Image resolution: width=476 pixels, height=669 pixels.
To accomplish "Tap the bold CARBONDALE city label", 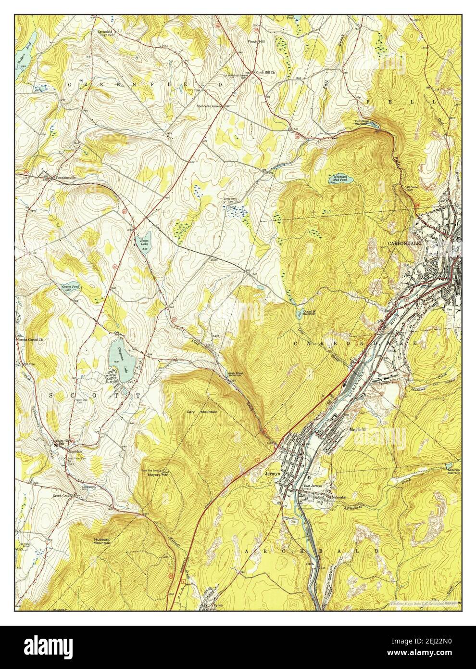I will (x=404, y=244).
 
